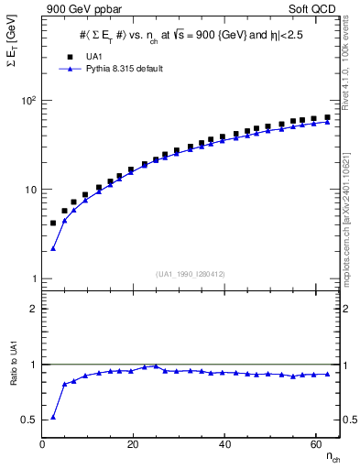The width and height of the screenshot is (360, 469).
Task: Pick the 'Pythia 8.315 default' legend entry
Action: tap(116, 69)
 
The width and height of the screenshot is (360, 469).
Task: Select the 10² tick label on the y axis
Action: tap(27, 100)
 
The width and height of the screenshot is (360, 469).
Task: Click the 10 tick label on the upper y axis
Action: tap(30, 190)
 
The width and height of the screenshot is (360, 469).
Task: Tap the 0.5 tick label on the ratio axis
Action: tap(29, 420)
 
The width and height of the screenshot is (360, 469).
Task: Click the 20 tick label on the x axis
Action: tap(134, 444)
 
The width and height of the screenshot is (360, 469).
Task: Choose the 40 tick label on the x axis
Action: tap(224, 444)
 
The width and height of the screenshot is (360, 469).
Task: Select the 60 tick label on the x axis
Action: tap(315, 444)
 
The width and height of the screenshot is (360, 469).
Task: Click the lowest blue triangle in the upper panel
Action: tap(53, 248)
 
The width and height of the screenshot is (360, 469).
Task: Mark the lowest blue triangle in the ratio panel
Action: tap(53, 417)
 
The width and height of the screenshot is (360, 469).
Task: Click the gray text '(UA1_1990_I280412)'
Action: tap(191, 272)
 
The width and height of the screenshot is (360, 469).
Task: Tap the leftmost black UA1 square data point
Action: tap(53, 223)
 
